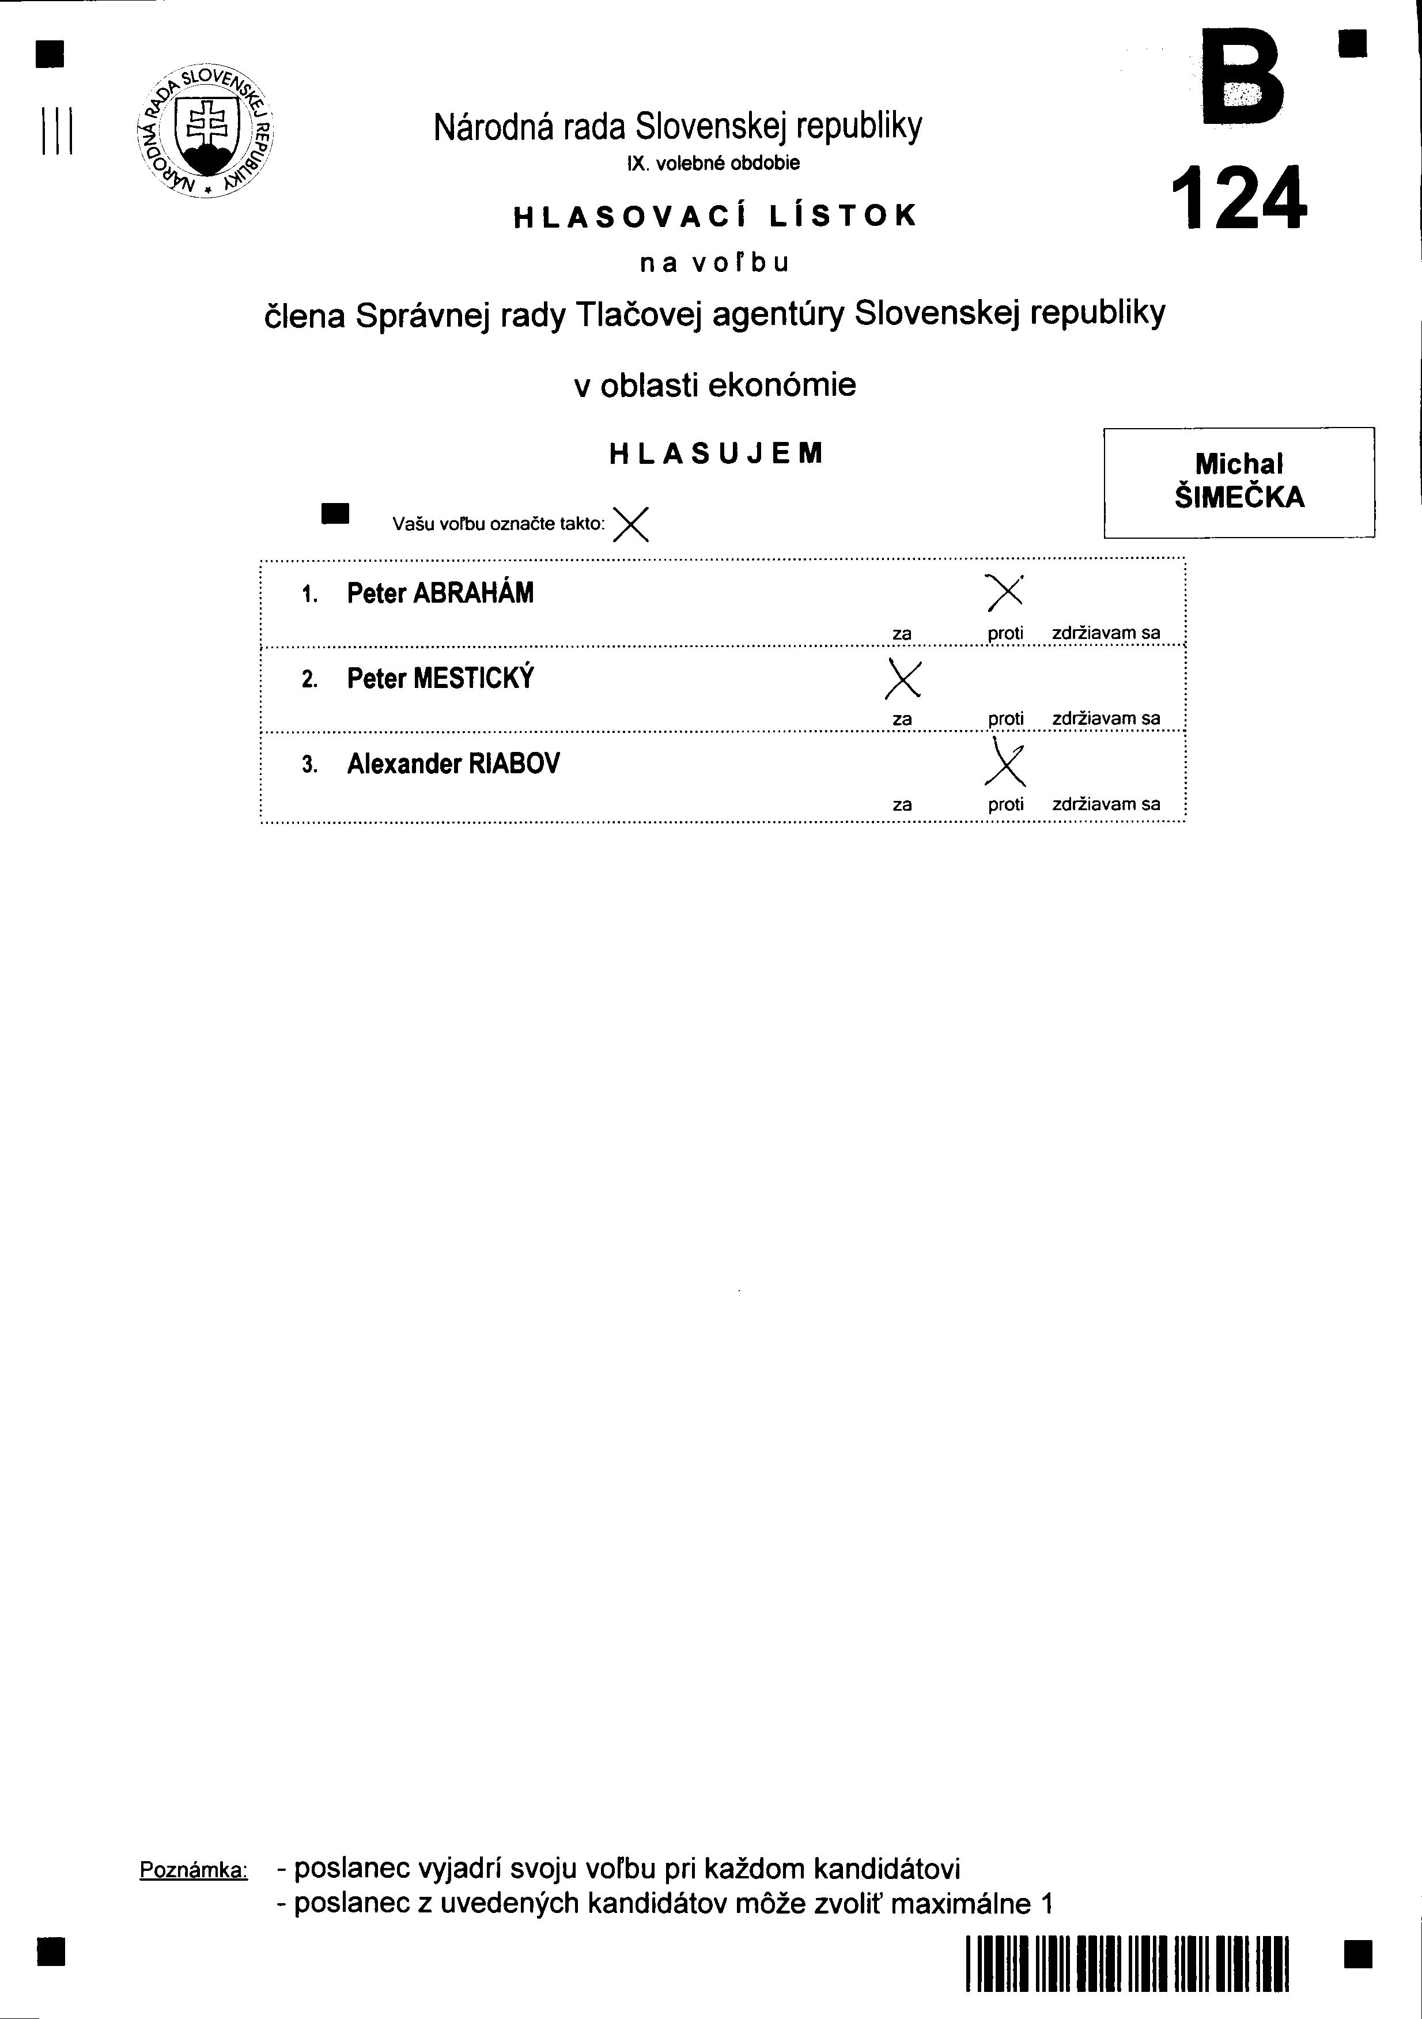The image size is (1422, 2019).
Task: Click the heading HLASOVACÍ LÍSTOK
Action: pyautogui.click(x=715, y=216)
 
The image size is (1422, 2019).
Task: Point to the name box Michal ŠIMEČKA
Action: pyautogui.click(x=1239, y=482)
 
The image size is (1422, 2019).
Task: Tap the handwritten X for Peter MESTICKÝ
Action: pyautogui.click(x=903, y=678)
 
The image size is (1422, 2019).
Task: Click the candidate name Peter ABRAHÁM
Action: pyautogui.click(x=440, y=593)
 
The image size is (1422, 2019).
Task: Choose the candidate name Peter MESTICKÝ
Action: pyautogui.click(x=440, y=679)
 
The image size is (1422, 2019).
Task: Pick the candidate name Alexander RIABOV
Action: pyautogui.click(x=453, y=764)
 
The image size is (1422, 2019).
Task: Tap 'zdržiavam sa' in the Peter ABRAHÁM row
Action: pyautogui.click(x=1106, y=633)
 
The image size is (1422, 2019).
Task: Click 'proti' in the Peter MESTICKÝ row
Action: pyautogui.click(x=1006, y=719)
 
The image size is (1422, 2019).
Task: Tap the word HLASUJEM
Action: pyautogui.click(x=717, y=453)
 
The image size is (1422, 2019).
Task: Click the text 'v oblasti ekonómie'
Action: pyautogui.click(x=715, y=385)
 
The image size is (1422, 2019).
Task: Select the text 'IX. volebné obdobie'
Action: pyautogui.click(x=714, y=164)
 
